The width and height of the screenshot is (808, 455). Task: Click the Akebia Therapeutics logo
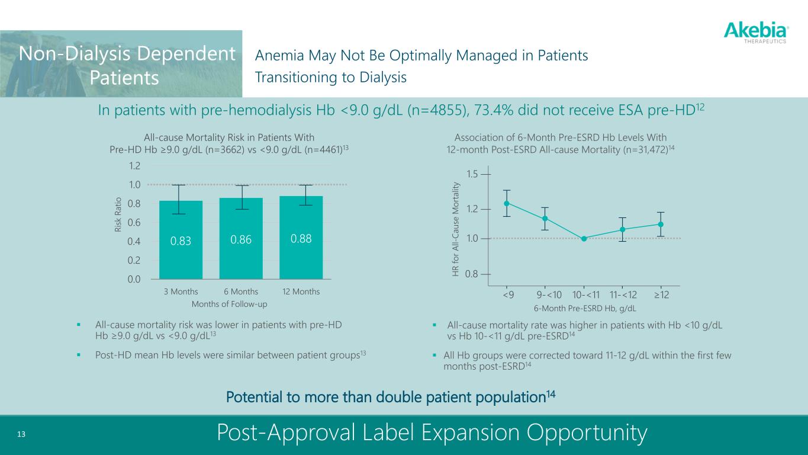[x=756, y=32]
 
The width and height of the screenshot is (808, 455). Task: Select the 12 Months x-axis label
[x=301, y=291]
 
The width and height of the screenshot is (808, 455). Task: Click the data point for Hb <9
[x=507, y=203]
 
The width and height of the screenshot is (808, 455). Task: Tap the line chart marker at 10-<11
[x=584, y=239]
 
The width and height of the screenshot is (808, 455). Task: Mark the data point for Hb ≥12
[x=661, y=224]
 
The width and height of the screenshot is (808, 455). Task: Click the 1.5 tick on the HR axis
[x=473, y=174]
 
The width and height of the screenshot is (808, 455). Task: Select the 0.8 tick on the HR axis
[x=473, y=274]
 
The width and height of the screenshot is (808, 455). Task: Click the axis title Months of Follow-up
[x=230, y=304]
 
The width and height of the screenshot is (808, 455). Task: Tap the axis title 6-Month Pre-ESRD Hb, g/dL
[x=585, y=308]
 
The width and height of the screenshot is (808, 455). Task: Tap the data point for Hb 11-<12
[x=622, y=229]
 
